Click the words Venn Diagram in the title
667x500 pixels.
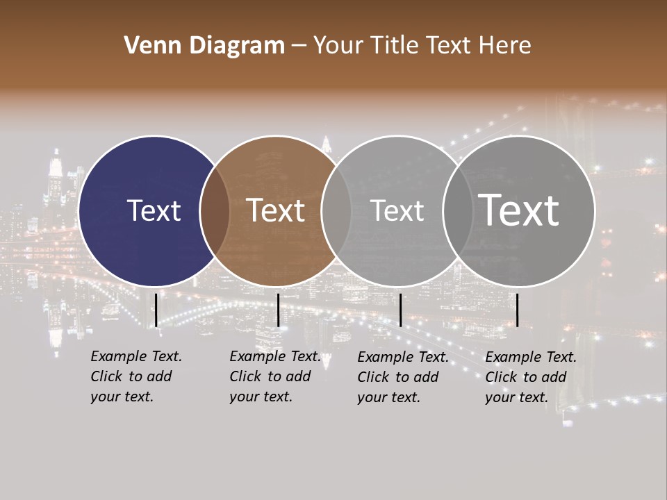[204, 46]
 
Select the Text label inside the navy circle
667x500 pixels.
[154, 210]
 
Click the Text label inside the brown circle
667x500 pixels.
[276, 210]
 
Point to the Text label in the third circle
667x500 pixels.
[397, 210]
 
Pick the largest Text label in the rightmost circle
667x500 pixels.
[519, 210]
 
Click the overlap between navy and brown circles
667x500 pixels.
[215, 210]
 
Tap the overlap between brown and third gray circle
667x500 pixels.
[336, 210]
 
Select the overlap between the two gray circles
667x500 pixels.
[457, 210]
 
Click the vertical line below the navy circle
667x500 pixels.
[156, 310]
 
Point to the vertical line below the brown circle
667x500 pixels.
[278, 310]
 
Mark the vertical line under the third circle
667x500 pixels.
[400, 310]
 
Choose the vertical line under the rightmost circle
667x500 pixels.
[517, 310]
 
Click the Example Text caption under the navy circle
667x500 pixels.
[135, 376]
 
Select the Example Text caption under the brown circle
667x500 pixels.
[274, 376]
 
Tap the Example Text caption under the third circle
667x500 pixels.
[402, 377]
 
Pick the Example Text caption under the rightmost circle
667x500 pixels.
[530, 377]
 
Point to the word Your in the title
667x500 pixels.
[338, 46]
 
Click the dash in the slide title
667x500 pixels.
[299, 46]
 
